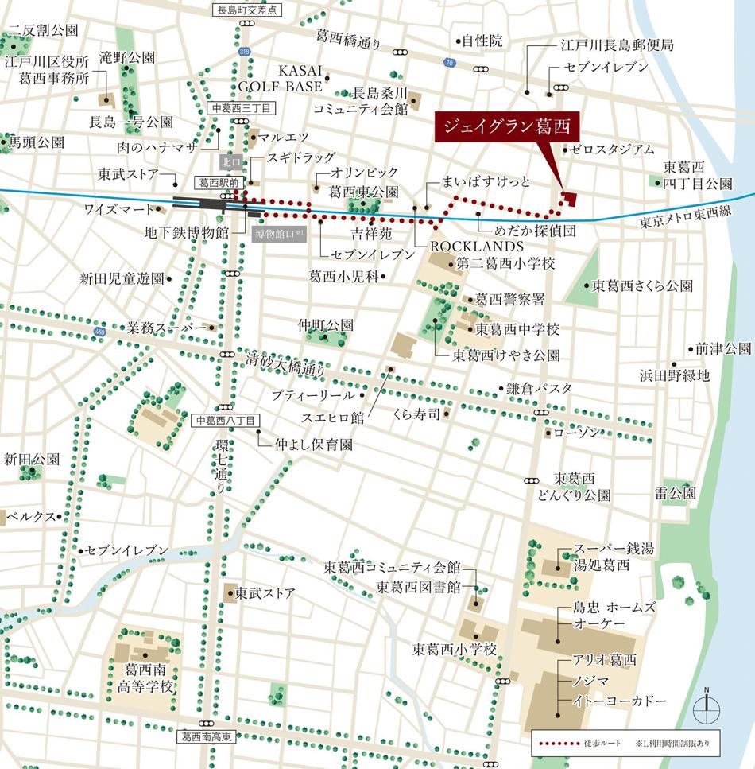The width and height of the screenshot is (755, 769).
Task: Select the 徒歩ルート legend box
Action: [625, 742]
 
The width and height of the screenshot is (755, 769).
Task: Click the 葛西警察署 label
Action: [509, 299]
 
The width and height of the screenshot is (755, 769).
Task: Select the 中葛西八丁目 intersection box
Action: [225, 420]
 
